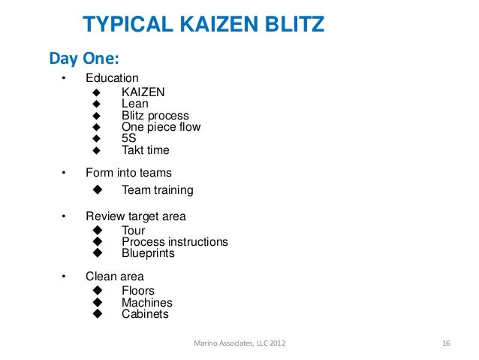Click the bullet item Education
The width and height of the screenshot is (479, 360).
(x=112, y=78)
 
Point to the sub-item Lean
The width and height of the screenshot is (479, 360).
(x=135, y=104)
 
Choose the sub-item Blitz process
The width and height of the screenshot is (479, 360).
(x=155, y=116)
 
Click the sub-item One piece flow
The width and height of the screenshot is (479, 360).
(x=161, y=127)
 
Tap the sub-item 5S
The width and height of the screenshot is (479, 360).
(x=129, y=138)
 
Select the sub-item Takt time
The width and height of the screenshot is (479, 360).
(x=146, y=150)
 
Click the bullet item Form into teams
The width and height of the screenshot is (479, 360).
(x=128, y=173)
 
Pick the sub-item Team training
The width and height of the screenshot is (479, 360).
(x=158, y=190)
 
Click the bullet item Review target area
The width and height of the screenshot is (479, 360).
(x=136, y=216)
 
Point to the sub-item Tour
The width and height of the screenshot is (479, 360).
(x=134, y=231)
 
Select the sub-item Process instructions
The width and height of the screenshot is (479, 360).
(x=175, y=242)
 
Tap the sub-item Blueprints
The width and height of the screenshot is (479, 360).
(x=148, y=253)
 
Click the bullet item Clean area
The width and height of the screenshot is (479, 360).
(x=115, y=276)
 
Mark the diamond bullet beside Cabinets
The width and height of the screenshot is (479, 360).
(x=96, y=314)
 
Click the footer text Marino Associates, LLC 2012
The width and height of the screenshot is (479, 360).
(x=239, y=343)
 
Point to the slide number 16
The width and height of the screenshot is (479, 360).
(x=446, y=343)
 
